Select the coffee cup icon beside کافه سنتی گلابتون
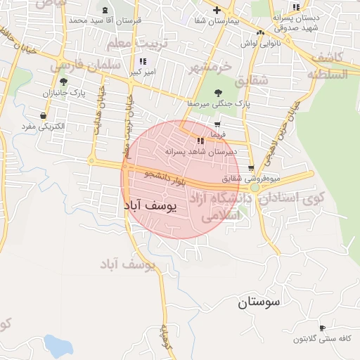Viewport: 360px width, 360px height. click(322, 328)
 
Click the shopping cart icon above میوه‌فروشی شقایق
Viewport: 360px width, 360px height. click(251, 167)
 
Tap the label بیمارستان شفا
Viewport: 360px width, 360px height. click(216, 21)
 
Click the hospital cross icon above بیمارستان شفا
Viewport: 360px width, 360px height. click(217, 11)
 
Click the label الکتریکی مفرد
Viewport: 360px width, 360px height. click(44, 126)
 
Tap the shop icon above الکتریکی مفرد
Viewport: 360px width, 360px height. click(44, 115)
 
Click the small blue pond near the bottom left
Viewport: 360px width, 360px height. click(59, 345)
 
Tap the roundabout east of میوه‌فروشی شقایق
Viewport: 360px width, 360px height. click(255, 188)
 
